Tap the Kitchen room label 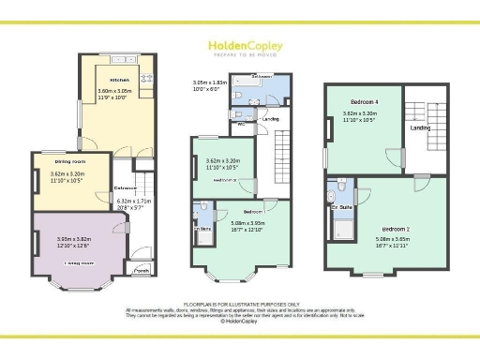119,81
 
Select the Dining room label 64,161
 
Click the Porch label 142,271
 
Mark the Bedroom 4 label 365,100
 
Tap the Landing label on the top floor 420,142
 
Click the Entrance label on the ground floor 127,188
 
